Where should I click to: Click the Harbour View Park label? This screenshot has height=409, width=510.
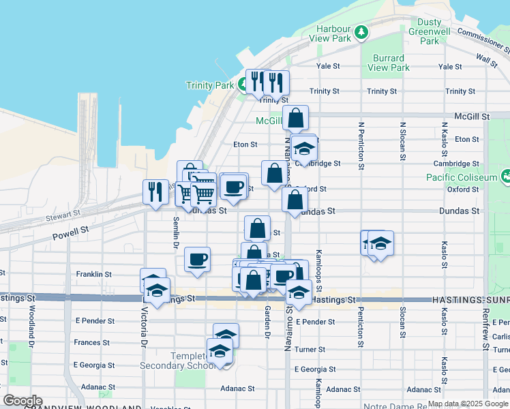click(x=333, y=34)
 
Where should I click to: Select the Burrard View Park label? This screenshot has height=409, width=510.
click(x=389, y=63)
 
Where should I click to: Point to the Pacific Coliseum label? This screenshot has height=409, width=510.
click(x=464, y=177)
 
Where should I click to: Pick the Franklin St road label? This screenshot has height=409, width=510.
click(x=94, y=274)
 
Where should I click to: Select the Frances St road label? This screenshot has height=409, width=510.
click(x=88, y=343)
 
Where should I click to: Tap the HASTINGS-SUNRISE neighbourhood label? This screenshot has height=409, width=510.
click(x=470, y=300)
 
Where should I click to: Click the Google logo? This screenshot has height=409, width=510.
click(x=23, y=401)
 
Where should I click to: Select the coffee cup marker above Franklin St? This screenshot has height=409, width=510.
click(x=197, y=259)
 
